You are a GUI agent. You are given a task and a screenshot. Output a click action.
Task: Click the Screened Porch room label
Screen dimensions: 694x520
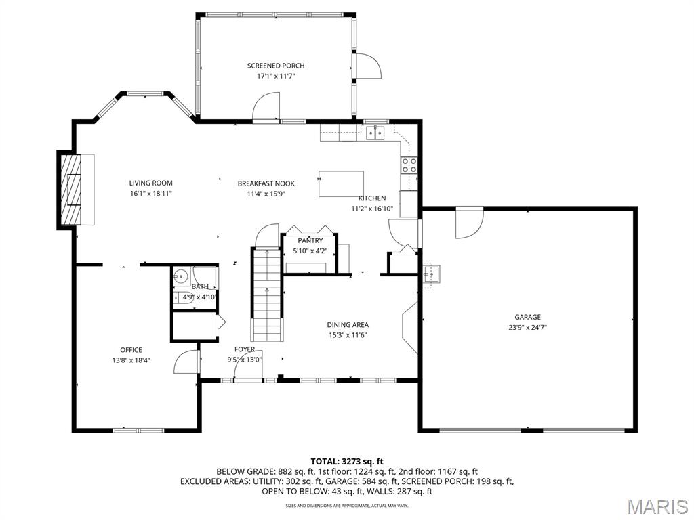pyautogui.click(x=276, y=66)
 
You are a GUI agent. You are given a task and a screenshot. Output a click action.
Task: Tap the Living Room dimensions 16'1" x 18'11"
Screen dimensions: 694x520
pyautogui.click(x=150, y=193)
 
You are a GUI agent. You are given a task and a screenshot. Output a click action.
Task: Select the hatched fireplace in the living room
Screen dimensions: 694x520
pyautogui.click(x=70, y=190)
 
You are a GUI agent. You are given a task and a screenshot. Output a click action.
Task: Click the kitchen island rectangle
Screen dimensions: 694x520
pyautogui.click(x=342, y=183)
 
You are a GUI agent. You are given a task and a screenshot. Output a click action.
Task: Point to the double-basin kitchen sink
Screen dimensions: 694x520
pyautogui.click(x=375, y=132)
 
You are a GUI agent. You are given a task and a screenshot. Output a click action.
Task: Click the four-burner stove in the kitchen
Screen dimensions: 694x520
pyautogui.click(x=409, y=165)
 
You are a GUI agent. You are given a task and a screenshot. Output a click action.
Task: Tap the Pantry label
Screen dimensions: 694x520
pyautogui.click(x=310, y=240)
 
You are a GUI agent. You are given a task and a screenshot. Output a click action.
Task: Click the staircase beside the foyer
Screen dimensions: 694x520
pyautogui.click(x=267, y=295)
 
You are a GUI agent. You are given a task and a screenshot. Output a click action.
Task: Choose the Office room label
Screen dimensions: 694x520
pyautogui.click(x=131, y=350)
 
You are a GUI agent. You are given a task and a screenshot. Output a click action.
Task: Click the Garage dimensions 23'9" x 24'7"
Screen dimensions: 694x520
pyautogui.click(x=527, y=328)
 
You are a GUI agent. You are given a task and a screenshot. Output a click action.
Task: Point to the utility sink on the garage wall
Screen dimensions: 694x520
pyautogui.click(x=430, y=274)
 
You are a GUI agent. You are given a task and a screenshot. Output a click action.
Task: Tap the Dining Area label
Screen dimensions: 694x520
pyautogui.click(x=348, y=324)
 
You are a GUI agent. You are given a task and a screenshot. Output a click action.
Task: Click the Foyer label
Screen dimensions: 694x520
pyautogui.click(x=244, y=349)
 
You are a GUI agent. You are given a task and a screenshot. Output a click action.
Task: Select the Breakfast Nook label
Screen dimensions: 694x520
pyautogui.click(x=266, y=183)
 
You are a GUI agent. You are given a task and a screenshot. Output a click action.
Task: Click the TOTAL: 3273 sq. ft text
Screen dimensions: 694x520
pyautogui.click(x=347, y=462)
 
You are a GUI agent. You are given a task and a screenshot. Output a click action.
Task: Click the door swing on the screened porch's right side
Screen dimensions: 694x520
pyautogui.click(x=369, y=66)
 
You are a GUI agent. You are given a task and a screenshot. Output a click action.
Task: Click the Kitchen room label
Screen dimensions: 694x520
pyautogui.click(x=372, y=198)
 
